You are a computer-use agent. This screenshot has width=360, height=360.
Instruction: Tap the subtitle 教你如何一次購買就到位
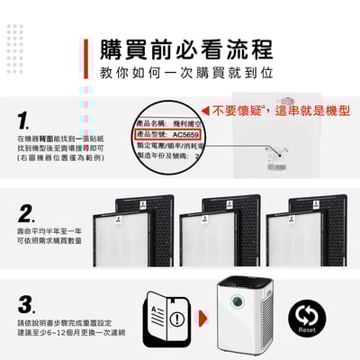(x=186, y=74)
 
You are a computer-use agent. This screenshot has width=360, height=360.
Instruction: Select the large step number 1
(x=28, y=120)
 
